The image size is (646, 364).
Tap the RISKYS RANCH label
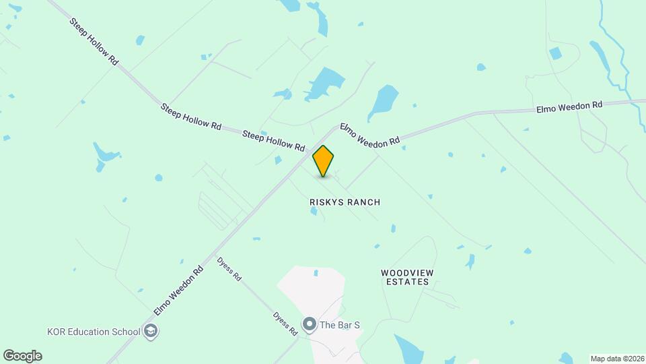coord(345,202)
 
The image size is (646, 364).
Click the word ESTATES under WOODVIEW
coord(405,282)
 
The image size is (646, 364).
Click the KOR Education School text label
coord(94,331)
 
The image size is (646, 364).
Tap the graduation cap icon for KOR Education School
coord(151,331)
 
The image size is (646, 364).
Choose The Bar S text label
coord(340,325)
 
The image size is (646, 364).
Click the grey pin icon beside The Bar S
coord(310,325)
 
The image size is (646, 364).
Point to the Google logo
coord(22,356)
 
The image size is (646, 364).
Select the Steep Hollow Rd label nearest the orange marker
coord(273,140)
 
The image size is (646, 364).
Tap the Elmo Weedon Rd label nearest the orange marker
coord(369,133)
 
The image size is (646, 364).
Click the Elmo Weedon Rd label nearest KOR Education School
coord(178,291)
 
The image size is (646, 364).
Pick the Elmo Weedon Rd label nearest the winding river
coord(569,107)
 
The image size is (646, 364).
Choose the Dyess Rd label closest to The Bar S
coord(285,324)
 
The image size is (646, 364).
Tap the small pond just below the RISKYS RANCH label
coord(314,212)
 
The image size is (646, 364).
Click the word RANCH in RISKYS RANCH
coord(364,202)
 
